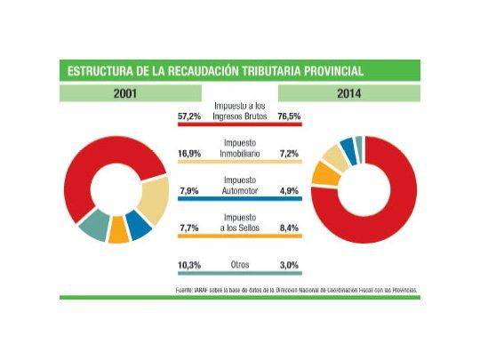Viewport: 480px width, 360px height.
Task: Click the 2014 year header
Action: pyautogui.click(x=349, y=93)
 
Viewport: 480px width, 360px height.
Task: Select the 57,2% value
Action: pyautogui.click(x=190, y=116)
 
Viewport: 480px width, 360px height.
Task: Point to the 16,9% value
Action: pyautogui.click(x=190, y=153)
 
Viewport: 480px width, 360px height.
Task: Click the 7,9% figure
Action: pyautogui.click(x=190, y=189)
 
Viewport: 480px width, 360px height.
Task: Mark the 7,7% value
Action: pyautogui.click(x=190, y=228)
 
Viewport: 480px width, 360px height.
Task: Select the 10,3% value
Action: pyautogui.click(x=190, y=264)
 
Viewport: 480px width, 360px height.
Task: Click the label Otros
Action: pyautogui.click(x=240, y=264)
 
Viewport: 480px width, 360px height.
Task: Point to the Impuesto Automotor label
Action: pyautogui.click(x=240, y=184)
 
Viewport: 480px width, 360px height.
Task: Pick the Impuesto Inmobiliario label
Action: pyautogui.click(x=240, y=147)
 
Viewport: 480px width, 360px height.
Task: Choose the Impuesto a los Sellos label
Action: pyautogui.click(x=240, y=221)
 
